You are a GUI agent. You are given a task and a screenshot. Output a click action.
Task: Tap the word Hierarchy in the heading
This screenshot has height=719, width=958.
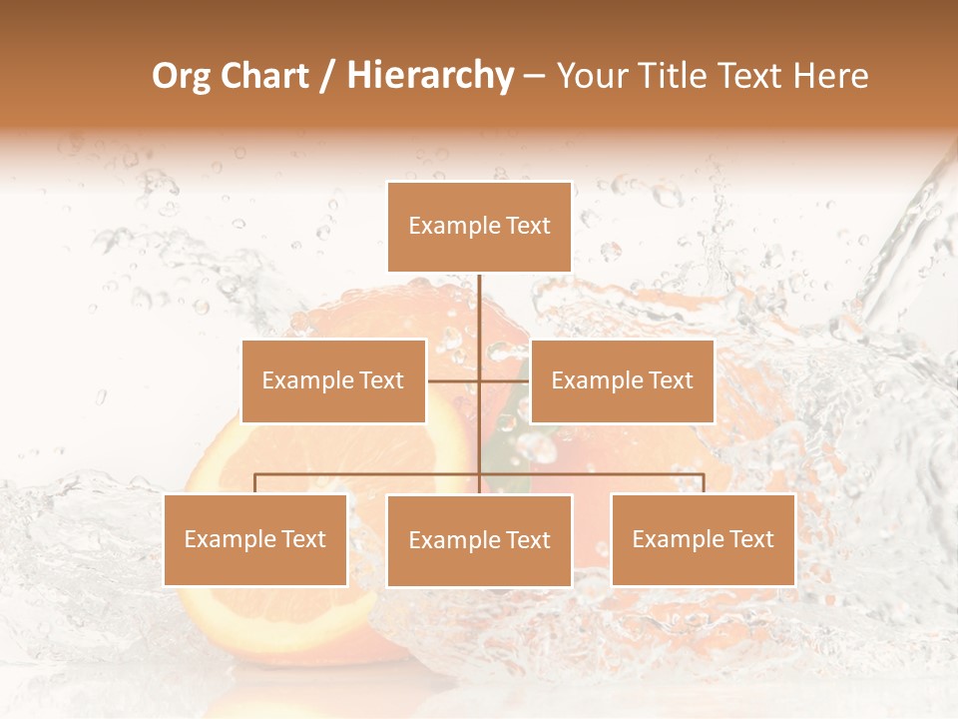[430, 76]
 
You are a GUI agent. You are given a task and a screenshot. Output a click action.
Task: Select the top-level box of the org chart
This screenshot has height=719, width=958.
[479, 227]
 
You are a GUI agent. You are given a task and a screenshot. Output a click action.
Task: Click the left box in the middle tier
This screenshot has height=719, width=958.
[333, 380]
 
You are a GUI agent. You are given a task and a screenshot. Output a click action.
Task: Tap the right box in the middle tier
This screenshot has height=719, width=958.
[622, 380]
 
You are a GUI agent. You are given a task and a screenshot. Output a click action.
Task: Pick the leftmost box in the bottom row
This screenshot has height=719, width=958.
[255, 540]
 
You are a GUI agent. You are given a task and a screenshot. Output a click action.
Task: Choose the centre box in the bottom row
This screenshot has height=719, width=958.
[479, 540]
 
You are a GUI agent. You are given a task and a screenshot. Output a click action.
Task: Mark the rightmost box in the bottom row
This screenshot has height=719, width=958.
[703, 540]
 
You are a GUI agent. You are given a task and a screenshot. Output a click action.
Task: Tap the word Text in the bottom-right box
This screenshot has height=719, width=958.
[750, 539]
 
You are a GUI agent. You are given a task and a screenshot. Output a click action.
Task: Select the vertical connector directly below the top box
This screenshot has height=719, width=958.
[479, 310]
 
